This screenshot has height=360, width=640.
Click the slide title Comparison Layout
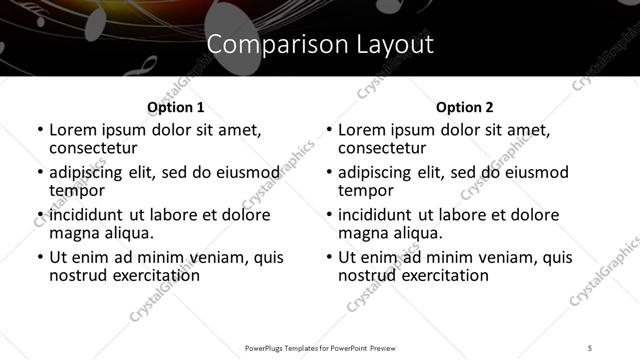click(320, 44)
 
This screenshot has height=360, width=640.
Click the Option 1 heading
click(175, 107)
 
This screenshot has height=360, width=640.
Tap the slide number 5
click(591, 347)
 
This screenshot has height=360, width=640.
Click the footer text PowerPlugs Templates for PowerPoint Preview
click(320, 347)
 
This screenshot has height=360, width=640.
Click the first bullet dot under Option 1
click(40, 131)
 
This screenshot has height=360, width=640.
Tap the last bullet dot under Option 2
click(329, 257)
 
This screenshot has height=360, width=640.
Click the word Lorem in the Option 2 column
click(360, 130)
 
